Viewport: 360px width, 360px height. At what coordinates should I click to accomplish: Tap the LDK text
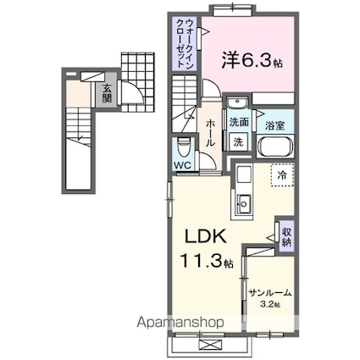tap(206, 236)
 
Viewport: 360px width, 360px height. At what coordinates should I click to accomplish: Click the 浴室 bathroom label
tap(275, 125)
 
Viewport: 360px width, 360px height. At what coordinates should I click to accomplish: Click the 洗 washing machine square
tap(239, 142)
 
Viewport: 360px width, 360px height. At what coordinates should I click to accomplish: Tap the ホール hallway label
tap(209, 132)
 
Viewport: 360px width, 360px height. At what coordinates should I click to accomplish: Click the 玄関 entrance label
tap(108, 92)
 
